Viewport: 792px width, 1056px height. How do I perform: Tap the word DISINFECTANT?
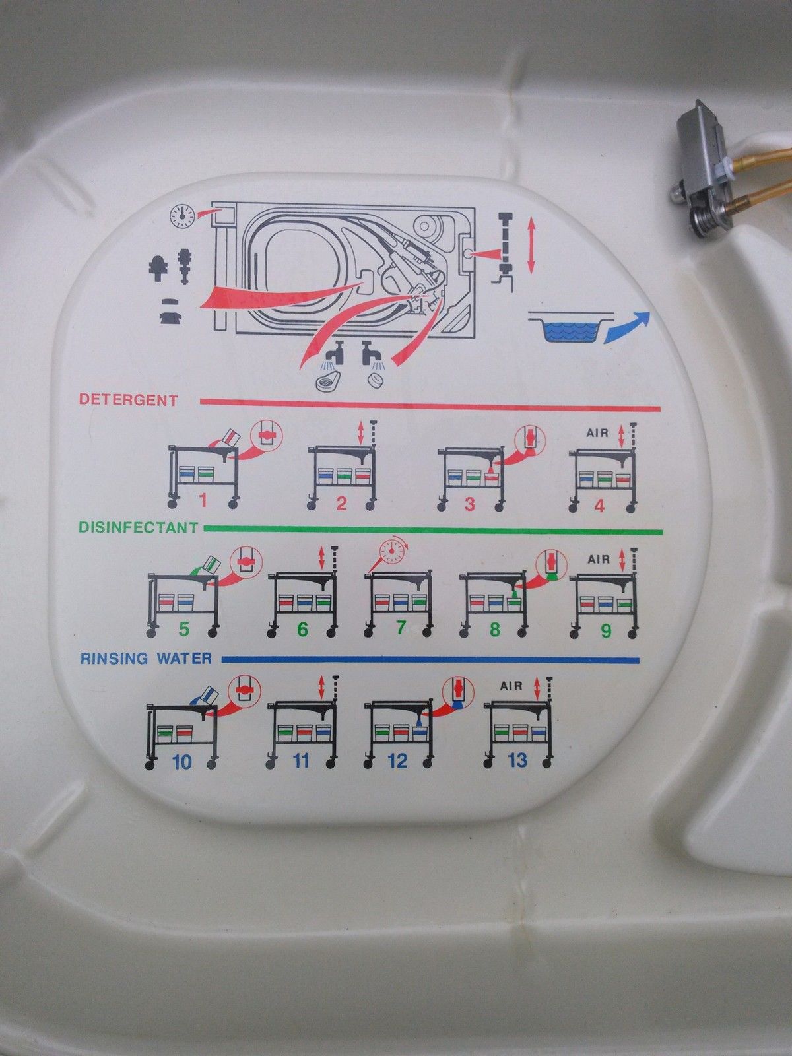tap(137, 527)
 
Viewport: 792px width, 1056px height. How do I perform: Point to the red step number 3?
tap(469, 504)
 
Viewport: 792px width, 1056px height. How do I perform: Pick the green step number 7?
tap(400, 628)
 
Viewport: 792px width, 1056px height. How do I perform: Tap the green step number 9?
tap(605, 630)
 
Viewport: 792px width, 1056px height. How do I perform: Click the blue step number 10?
tap(181, 762)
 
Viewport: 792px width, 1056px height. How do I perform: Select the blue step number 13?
tap(517, 760)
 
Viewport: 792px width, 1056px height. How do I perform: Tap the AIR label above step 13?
tap(511, 686)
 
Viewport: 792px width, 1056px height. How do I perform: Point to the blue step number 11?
tap(301, 761)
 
